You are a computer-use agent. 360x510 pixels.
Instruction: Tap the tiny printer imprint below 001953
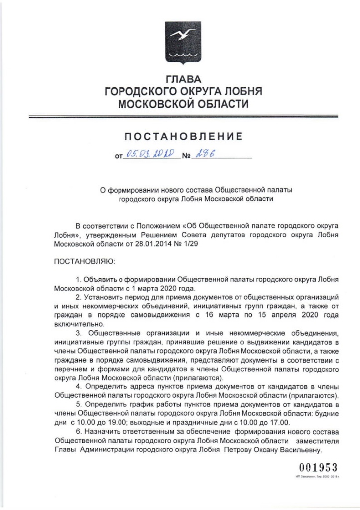(x=314, y=477)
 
